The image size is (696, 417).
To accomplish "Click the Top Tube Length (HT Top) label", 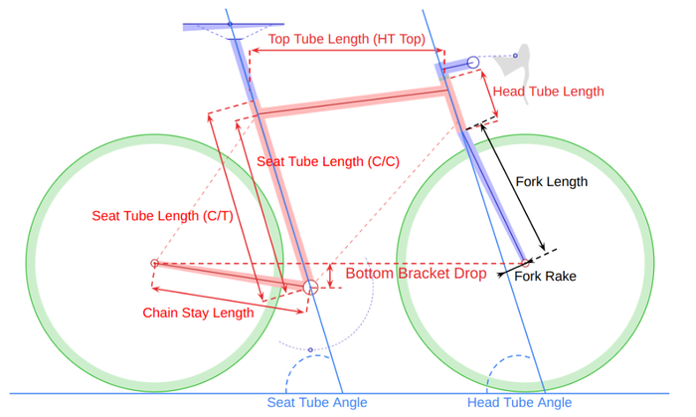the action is pyautogui.click(x=347, y=39).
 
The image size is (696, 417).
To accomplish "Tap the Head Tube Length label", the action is pyautogui.click(x=548, y=92).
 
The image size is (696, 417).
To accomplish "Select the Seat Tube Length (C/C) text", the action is pyautogui.click(x=328, y=161).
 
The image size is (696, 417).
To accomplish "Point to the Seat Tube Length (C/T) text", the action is pyautogui.click(x=162, y=216).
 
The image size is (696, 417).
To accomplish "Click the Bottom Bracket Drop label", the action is pyautogui.click(x=416, y=273).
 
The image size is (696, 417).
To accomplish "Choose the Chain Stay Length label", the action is pyautogui.click(x=198, y=313).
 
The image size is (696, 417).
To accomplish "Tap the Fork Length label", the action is pyautogui.click(x=551, y=182).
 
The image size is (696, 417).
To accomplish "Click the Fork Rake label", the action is pyautogui.click(x=545, y=277).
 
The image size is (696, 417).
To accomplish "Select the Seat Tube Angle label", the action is pyautogui.click(x=317, y=402).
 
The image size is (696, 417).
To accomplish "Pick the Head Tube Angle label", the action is pyautogui.click(x=519, y=402).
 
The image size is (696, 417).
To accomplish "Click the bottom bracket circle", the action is pyautogui.click(x=310, y=281).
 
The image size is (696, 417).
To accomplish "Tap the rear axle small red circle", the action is pyautogui.click(x=154, y=264).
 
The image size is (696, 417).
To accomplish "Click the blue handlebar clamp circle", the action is pyautogui.click(x=473, y=62).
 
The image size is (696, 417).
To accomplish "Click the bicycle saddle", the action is pyautogui.click(x=234, y=27).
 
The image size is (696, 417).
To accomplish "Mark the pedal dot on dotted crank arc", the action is pyautogui.click(x=310, y=350).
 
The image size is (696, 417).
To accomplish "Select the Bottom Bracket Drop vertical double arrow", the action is pyautogui.click(x=330, y=276).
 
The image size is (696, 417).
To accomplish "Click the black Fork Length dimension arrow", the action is pyautogui.click(x=513, y=187).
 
